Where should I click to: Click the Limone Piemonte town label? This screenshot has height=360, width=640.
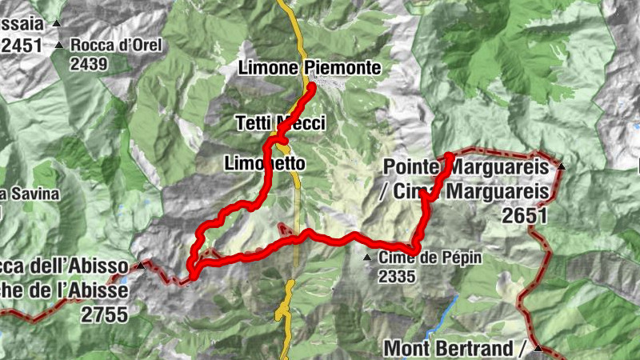pos(310,69)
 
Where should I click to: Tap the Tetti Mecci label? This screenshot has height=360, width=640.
pos(281,122)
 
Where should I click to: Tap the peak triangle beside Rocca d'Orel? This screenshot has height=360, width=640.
pos(59,45)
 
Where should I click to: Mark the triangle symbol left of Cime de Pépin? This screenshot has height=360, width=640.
pos(367,258)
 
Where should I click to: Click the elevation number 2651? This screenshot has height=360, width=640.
pos(525,215)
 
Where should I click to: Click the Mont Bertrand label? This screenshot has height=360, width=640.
pos(453,349)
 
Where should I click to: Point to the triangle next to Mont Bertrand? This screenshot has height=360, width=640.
pos(538,349)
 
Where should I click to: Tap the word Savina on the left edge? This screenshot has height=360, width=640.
pos(20,194)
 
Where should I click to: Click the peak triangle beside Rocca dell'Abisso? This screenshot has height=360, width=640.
pos(142,265)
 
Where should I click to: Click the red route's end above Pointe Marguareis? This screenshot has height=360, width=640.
pos(450,154)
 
